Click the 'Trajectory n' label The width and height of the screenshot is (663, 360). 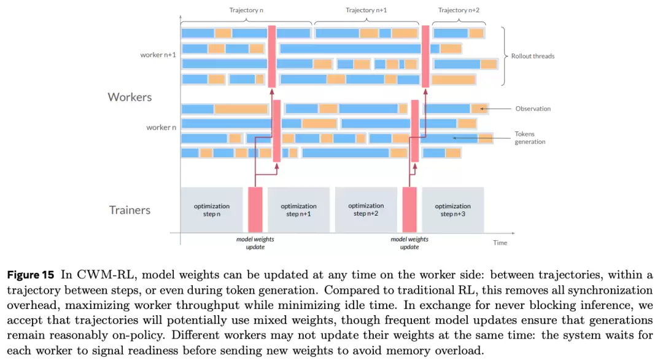click(x=246, y=10)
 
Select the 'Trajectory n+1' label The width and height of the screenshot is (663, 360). click(x=366, y=10)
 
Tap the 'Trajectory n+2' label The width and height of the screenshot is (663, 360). click(x=459, y=10)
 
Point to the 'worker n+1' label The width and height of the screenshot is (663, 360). click(x=158, y=55)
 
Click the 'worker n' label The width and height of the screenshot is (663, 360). click(x=161, y=127)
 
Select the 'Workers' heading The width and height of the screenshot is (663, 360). click(x=130, y=97)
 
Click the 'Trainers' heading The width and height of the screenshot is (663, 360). click(x=130, y=210)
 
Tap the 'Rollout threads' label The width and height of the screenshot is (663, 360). click(x=532, y=56)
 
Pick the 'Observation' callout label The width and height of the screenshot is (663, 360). click(x=533, y=109)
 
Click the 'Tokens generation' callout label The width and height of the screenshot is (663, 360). click(x=530, y=138)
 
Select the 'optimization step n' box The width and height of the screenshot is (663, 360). click(x=211, y=209)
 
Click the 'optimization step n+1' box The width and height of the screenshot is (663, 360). click(x=298, y=209)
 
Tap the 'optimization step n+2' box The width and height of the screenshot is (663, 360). click(x=366, y=209)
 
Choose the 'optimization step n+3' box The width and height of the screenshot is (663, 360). click(x=452, y=209)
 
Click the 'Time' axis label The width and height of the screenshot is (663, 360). click(x=500, y=243)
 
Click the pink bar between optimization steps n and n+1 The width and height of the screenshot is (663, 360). click(x=255, y=209)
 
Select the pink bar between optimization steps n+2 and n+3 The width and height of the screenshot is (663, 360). click(x=409, y=209)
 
